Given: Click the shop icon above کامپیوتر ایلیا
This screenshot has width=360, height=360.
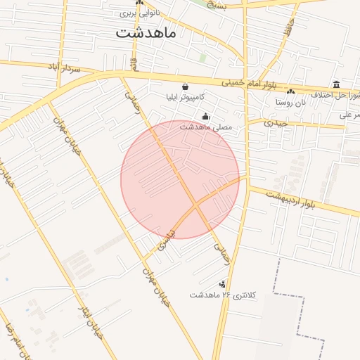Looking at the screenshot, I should pos(185,86).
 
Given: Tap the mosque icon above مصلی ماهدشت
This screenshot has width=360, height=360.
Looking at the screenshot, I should pos(205,117).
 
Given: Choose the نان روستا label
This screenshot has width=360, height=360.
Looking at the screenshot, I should pos(290,102).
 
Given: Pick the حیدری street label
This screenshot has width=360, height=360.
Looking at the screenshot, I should pos(276,122).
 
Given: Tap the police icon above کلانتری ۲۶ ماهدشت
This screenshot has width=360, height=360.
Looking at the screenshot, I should pos(222,284).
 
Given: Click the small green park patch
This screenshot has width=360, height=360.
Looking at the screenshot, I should pos(202,57).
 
